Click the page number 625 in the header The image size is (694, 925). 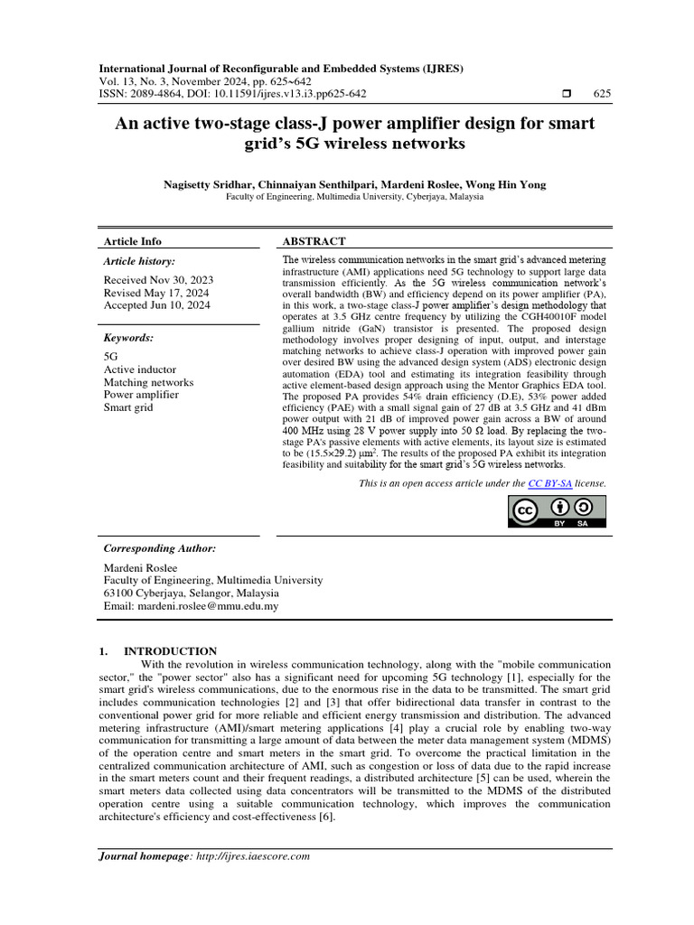[x=601, y=94]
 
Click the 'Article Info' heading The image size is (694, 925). [x=133, y=241]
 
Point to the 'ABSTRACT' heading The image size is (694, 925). [x=314, y=241]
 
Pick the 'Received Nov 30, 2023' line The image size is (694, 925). [x=157, y=280]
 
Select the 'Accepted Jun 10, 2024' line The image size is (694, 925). [x=157, y=305]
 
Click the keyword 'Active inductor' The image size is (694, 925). [x=140, y=369]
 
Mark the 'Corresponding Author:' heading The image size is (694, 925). [x=160, y=548]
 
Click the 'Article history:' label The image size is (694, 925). [x=140, y=261]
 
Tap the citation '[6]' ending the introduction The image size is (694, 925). [x=324, y=818]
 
